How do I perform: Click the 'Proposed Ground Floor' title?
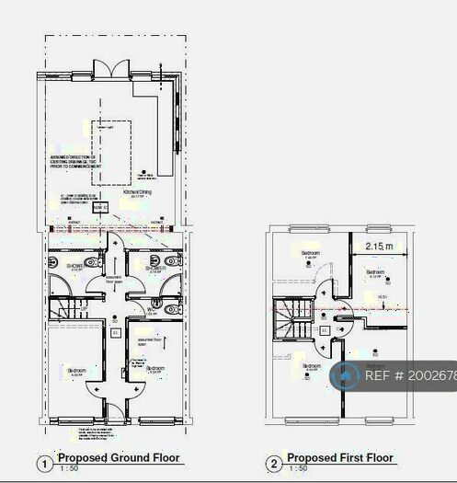(119, 457)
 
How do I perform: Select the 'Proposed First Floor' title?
(339, 457)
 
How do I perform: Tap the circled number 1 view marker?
(42, 464)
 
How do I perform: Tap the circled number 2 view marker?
(273, 464)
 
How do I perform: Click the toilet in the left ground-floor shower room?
(93, 261)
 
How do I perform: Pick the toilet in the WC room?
(171, 309)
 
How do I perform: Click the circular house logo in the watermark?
(346, 375)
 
